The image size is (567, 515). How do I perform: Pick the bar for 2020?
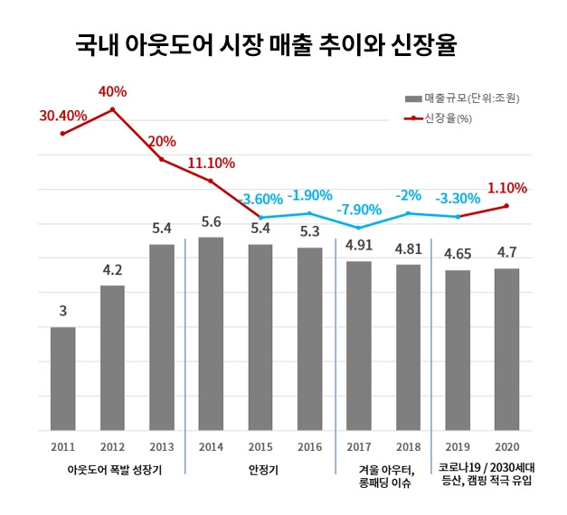[506, 348]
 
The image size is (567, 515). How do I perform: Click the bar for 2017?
[359, 344]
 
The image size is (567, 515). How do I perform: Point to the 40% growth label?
[114, 91]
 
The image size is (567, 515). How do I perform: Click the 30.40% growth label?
[62, 115]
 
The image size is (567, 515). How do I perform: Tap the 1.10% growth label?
[506, 188]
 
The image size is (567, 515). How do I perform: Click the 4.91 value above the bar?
[359, 245]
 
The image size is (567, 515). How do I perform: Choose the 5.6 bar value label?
[211, 221]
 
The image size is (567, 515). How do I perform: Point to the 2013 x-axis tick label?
[162, 446]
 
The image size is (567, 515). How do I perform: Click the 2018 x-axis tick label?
[408, 446]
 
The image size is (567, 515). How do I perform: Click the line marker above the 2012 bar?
[112, 109]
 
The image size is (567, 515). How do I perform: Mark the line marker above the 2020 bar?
[506, 206]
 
